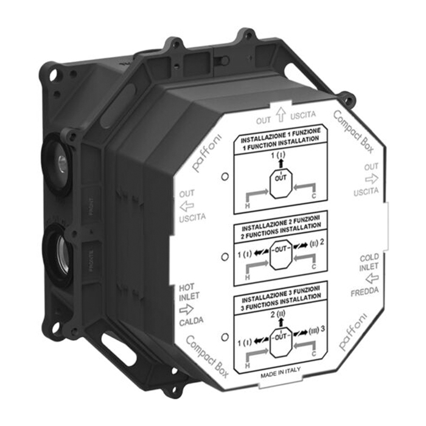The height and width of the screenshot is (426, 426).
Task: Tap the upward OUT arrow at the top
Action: (281, 113)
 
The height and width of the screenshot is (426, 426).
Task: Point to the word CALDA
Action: (191, 319)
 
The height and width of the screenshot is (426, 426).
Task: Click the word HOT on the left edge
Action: (186, 285)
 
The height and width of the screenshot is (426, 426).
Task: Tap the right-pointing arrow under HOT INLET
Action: (187, 308)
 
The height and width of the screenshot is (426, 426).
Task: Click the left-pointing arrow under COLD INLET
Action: (371, 279)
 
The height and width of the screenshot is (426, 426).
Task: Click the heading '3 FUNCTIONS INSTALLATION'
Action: (279, 307)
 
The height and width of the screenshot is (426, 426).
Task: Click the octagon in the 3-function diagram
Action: (280, 337)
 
